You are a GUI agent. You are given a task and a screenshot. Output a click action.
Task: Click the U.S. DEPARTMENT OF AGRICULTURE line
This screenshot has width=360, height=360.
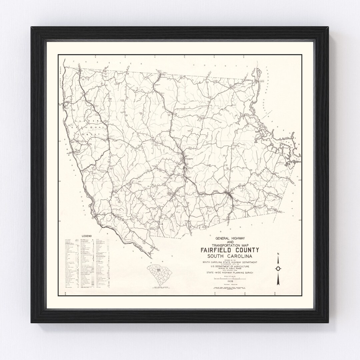230,266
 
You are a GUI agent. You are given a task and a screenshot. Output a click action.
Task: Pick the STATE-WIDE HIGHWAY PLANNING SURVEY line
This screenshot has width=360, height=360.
230,272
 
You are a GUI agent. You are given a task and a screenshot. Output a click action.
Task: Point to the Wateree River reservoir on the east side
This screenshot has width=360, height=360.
273,140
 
